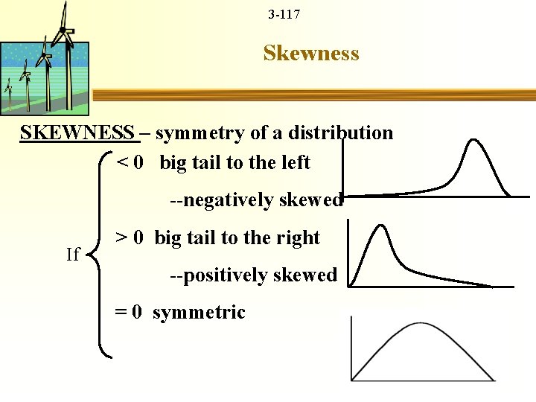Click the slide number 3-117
point(284,14)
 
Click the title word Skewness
point(311,54)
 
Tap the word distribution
point(346,133)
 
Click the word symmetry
point(196,133)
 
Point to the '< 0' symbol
point(130,162)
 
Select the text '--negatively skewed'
point(256,200)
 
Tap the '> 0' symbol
point(130,238)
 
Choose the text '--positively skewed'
point(253,275)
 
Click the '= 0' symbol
point(129,313)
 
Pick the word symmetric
point(199,313)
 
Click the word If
point(72,255)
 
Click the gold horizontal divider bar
point(313,95)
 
